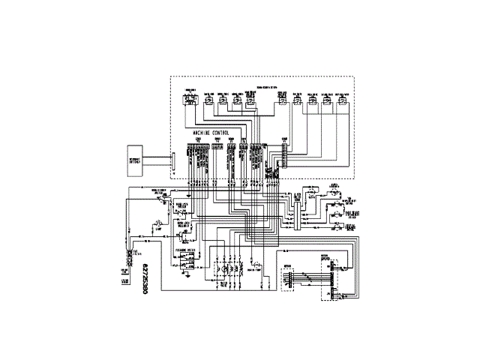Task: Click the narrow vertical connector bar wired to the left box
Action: point(172,160)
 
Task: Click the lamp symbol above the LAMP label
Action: point(158,223)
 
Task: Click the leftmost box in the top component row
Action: point(190,100)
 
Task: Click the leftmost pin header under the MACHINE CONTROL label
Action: point(199,154)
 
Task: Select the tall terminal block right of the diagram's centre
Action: point(298,213)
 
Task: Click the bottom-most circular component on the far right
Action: point(335,223)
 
